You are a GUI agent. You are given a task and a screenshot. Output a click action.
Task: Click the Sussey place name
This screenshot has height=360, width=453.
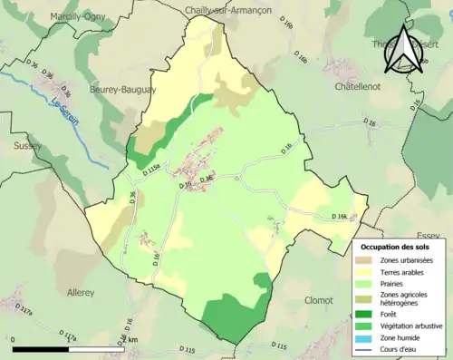tap(27, 145)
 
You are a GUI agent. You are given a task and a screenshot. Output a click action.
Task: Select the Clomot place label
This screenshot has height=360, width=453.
tap(321, 300)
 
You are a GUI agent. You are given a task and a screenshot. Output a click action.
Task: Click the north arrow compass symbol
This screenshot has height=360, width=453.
tap(403, 50)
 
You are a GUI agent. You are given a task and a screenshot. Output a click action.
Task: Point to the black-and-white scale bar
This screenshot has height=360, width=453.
tap(63, 348)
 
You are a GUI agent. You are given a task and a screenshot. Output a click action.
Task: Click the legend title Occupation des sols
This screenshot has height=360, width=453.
tap(397, 246)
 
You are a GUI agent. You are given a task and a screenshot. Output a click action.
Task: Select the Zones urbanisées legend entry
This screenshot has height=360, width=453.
tap(405, 261)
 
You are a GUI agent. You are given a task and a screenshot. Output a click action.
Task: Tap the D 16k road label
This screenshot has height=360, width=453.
tap(340, 217)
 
